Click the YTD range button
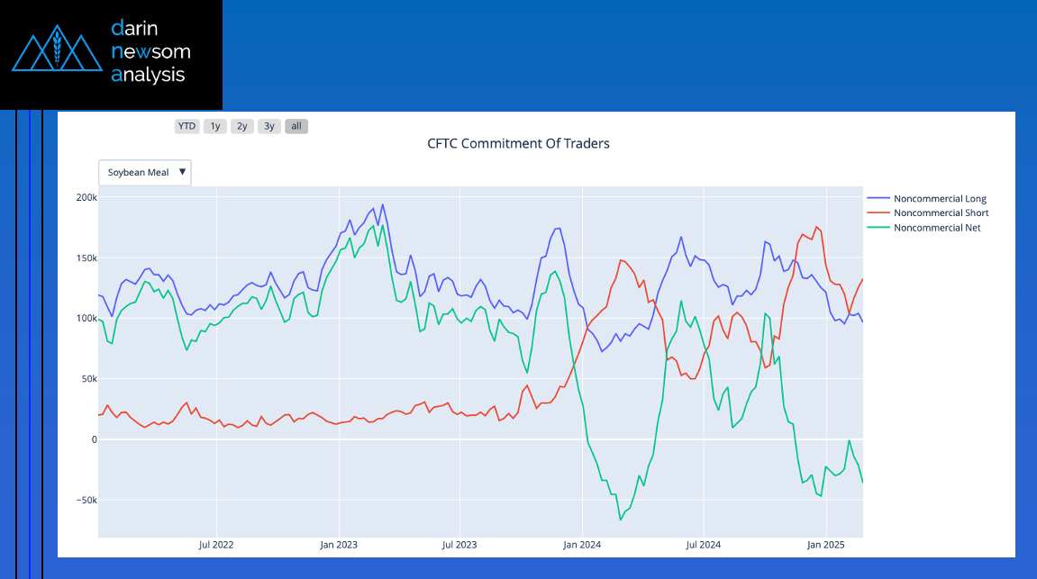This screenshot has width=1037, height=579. tap(186, 126)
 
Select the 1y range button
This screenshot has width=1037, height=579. tap(215, 126)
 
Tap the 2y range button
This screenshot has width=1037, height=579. tap(242, 126)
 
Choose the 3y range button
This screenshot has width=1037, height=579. tap(269, 126)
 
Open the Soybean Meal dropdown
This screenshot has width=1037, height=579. tap(145, 173)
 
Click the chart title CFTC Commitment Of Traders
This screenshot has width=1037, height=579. tap(519, 143)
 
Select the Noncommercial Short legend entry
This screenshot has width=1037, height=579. tap(928, 213)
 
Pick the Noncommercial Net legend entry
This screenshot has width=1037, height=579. tap(923, 228)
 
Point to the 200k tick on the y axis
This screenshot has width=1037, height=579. tap(86, 197)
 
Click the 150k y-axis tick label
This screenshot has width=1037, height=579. tap(86, 258)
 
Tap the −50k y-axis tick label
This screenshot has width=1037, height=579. tap(86, 501)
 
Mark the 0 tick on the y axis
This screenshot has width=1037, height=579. tap(94, 439)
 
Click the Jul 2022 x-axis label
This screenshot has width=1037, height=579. tap(216, 545)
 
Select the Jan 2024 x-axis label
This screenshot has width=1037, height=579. tap(582, 545)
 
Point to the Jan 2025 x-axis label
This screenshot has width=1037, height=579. tap(825, 545)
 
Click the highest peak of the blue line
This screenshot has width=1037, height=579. tap(382, 205)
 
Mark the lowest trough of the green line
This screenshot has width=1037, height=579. tap(621, 520)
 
